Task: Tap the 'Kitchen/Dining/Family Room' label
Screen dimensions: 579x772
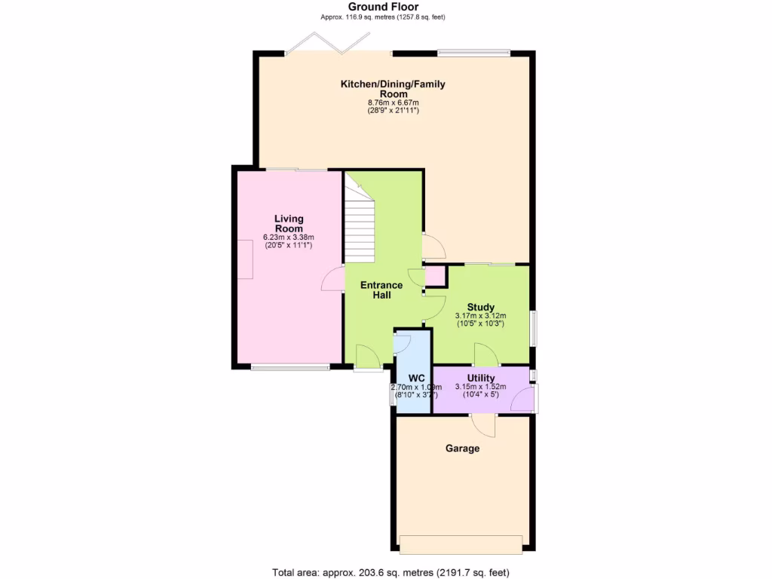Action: coord(393,89)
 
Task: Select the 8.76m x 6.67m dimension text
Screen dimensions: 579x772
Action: coord(393,103)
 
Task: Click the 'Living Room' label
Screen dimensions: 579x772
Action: coord(289,223)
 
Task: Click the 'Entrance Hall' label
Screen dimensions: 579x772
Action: coord(381,289)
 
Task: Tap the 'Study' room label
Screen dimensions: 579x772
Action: coord(480,307)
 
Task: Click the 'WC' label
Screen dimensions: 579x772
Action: coord(417,378)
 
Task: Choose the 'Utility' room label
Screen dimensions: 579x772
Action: coord(480,378)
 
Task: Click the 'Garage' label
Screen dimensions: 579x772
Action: coord(462,448)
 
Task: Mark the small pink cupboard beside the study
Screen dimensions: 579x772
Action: coord(435,277)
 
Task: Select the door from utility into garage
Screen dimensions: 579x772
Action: coord(483,425)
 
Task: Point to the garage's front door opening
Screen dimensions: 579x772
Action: coord(460,544)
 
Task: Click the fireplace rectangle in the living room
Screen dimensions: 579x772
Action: coord(246,258)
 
